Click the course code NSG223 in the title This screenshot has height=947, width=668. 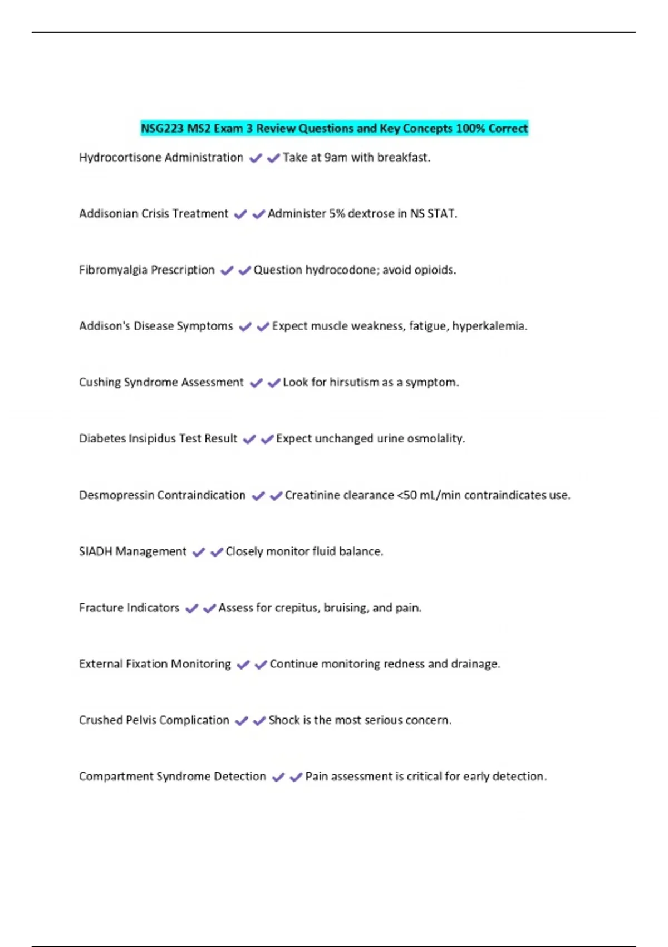coord(162,129)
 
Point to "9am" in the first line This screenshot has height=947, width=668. coord(336,158)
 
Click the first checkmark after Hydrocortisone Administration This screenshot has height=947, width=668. coord(256,159)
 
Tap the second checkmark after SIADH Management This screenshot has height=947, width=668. coord(217,553)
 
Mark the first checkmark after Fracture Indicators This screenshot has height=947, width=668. coord(191,609)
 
